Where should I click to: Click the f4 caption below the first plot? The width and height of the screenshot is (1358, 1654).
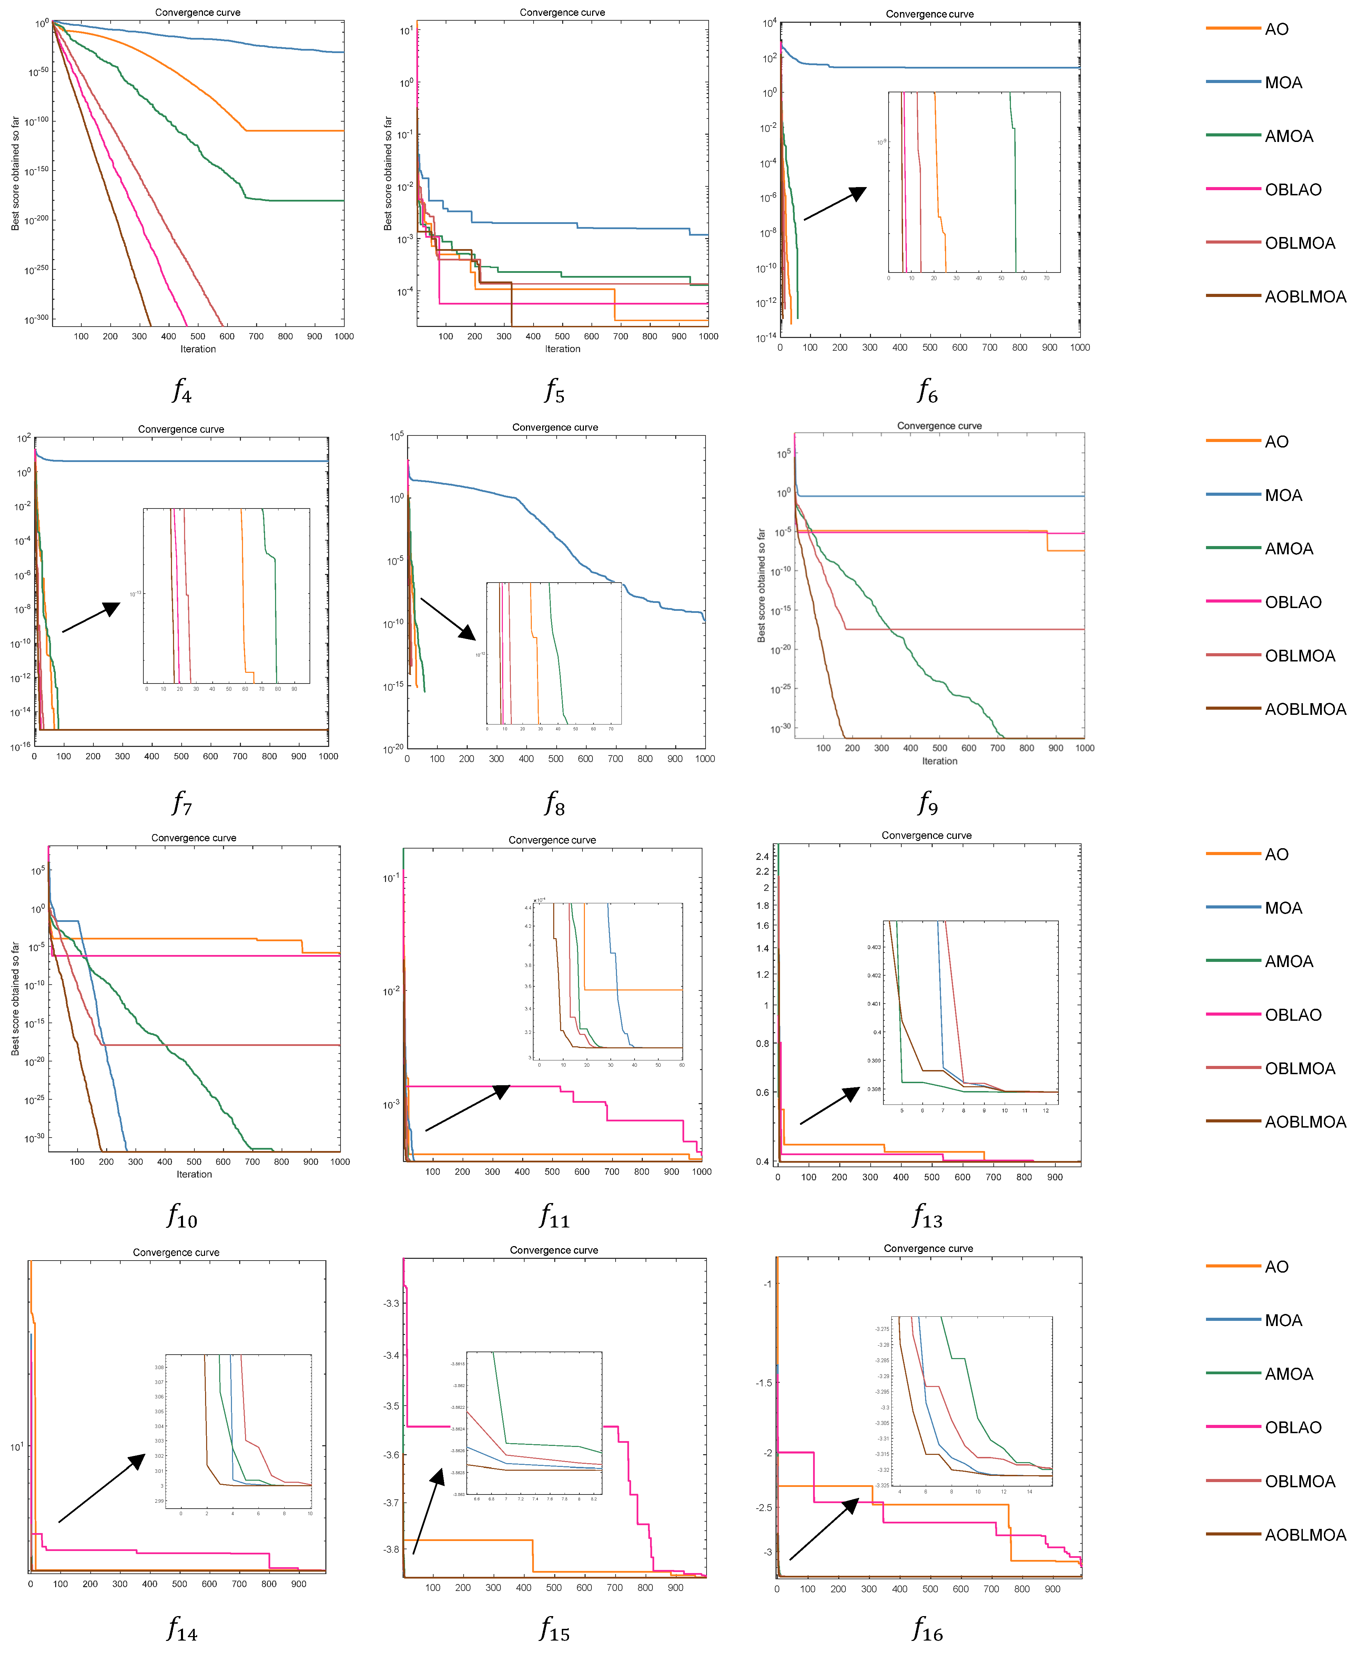point(182,389)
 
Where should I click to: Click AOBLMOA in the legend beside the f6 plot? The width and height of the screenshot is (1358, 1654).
point(1305,296)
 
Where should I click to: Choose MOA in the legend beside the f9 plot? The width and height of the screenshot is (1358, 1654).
point(1283,495)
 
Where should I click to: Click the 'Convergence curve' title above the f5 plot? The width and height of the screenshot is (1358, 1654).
point(562,12)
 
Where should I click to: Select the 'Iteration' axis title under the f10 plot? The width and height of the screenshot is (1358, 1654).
point(194,1174)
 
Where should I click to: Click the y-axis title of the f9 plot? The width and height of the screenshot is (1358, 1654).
point(761,586)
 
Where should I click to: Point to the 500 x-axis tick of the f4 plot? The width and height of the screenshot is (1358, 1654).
point(198,336)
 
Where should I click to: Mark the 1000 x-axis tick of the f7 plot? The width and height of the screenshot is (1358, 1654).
point(328,756)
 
